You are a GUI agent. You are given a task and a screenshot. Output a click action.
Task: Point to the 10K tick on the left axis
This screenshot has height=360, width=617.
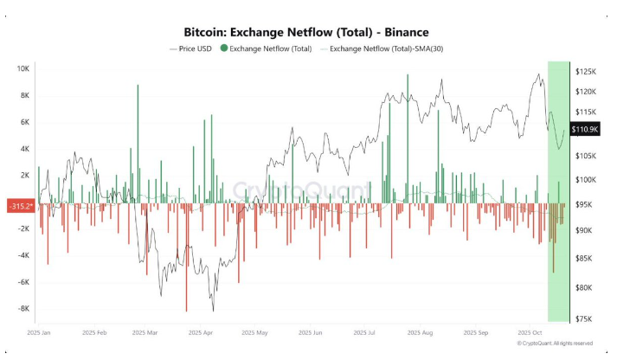23,67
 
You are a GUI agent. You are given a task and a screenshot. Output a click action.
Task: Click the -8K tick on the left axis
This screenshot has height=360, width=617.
23,308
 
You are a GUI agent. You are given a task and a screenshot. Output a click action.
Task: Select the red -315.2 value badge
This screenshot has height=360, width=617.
20,206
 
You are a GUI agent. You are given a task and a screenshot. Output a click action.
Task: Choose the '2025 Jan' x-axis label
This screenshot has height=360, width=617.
42,332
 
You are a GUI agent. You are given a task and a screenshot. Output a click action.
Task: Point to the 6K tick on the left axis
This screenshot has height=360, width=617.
26,121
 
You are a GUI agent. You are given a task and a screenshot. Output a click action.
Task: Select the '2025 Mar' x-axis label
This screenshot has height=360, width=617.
147,332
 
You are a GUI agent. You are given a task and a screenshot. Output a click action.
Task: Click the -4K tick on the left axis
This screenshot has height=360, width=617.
23,255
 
